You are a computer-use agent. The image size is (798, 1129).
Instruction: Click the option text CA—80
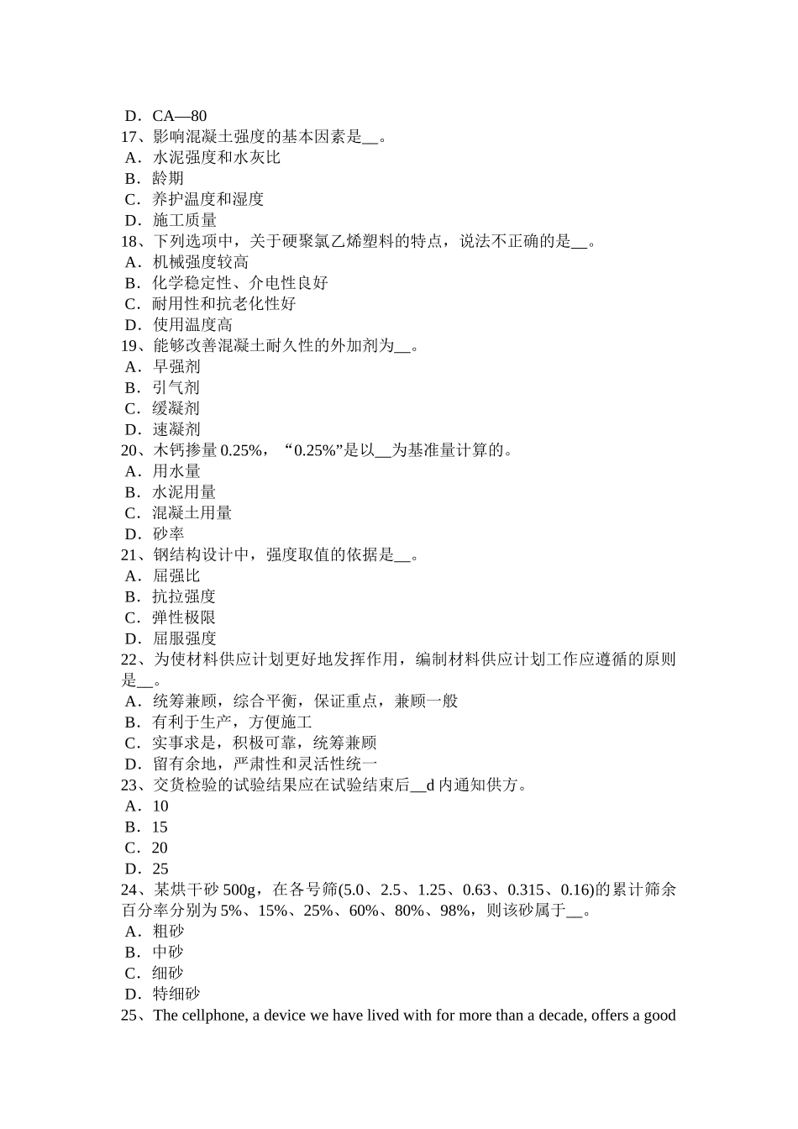[x=179, y=116]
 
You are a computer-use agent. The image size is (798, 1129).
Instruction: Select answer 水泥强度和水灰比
[x=216, y=158]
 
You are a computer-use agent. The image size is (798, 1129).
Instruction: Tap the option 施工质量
[x=184, y=220]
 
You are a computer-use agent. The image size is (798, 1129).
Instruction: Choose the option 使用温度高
[x=192, y=325]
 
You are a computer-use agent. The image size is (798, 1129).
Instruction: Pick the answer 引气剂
[x=176, y=387]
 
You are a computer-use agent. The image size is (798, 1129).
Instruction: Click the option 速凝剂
[x=176, y=429]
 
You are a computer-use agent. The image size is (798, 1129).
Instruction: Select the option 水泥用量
[x=184, y=492]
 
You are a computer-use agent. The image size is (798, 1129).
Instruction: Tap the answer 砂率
[x=168, y=534]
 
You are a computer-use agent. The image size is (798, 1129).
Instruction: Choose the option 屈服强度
[x=184, y=638]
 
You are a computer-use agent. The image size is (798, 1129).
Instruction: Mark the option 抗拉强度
[x=184, y=596]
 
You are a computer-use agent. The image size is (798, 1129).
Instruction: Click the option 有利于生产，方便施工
[x=232, y=722]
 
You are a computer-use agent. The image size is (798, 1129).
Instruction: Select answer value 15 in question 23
[x=160, y=827]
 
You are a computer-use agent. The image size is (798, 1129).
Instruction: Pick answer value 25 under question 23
[x=160, y=869]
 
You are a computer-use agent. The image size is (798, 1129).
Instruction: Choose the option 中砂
[x=168, y=952]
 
